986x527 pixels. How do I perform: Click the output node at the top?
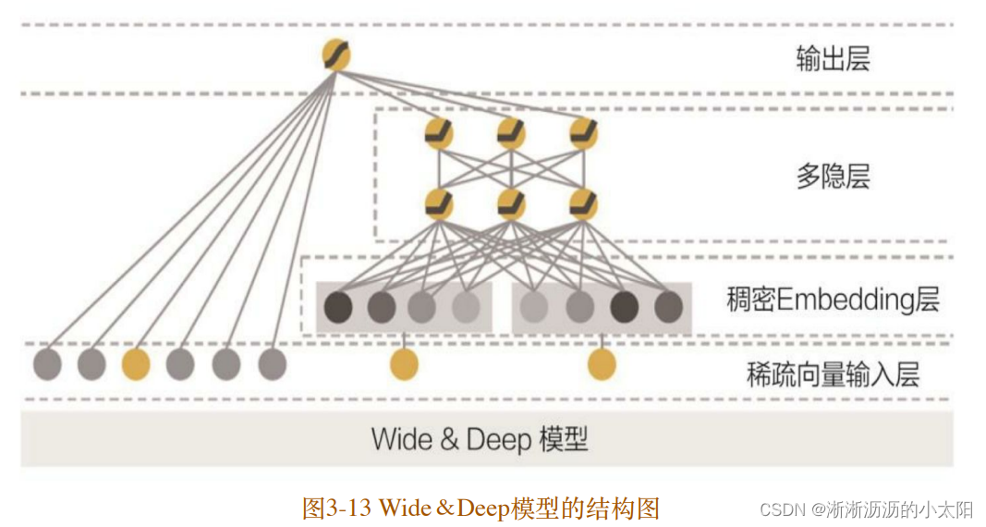[336, 55]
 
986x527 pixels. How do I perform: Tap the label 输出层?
[833, 59]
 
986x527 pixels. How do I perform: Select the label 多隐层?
[833, 176]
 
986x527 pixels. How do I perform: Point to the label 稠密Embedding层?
[833, 300]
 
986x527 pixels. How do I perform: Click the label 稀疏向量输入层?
[833, 374]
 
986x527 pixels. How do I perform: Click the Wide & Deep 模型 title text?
[480, 438]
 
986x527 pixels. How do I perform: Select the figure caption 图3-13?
[481, 508]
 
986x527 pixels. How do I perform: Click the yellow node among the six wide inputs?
[136, 364]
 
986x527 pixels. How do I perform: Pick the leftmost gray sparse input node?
[47, 364]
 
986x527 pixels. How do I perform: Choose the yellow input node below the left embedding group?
[403, 364]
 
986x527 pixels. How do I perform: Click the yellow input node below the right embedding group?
[602, 364]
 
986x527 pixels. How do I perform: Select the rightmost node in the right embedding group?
[668, 306]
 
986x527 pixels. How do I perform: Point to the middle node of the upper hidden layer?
[511, 134]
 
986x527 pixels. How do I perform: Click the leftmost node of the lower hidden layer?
[439, 203]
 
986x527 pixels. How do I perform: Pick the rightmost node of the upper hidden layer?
[583, 134]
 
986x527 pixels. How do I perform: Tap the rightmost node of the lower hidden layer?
[583, 203]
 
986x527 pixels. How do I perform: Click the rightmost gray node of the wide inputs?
[272, 364]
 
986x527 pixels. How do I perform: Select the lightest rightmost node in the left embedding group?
[467, 306]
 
